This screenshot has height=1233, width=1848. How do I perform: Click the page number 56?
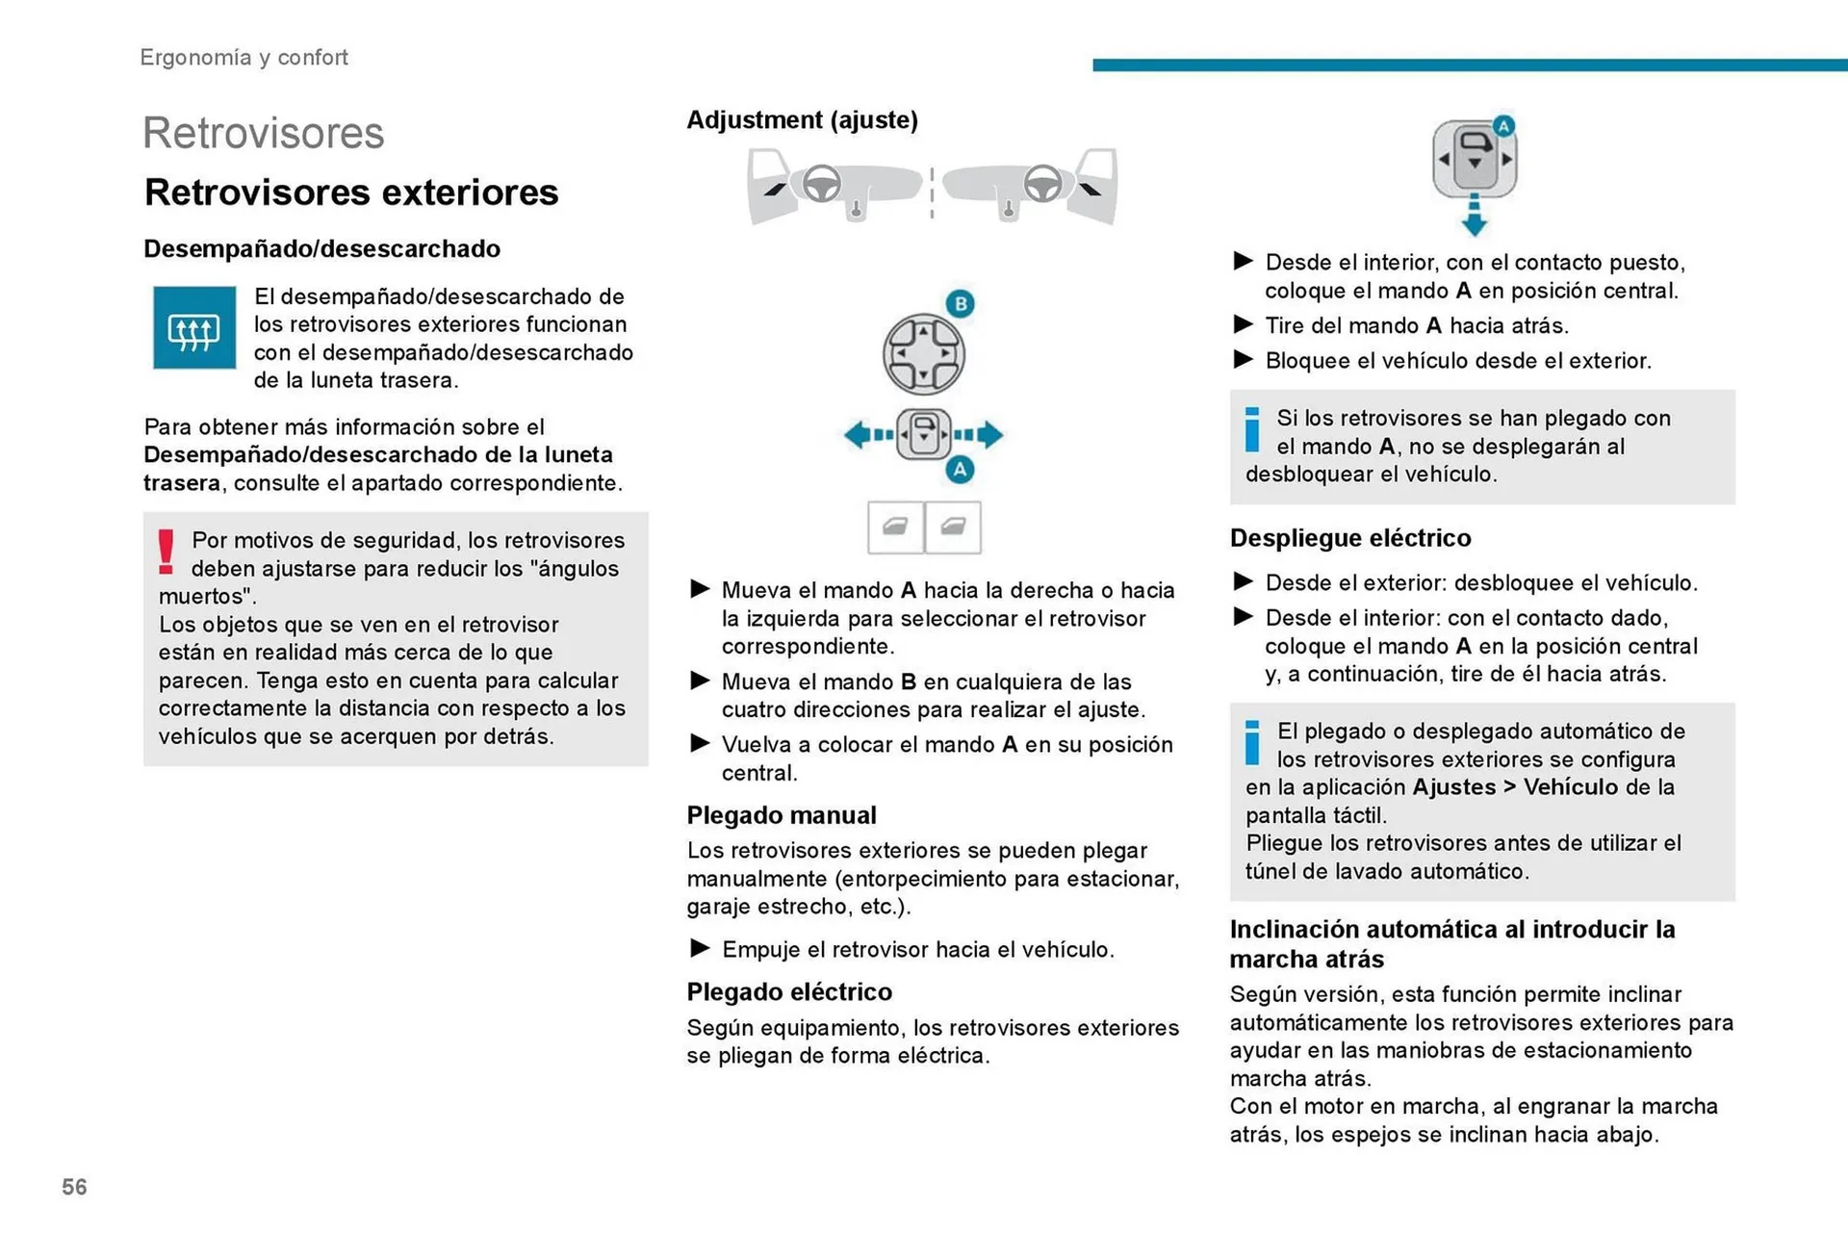74,1187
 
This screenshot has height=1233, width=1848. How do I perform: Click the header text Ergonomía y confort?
244,58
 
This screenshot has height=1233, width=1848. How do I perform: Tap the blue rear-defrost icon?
194,328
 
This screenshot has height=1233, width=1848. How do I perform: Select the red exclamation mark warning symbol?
167,552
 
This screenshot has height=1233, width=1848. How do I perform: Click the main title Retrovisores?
263,133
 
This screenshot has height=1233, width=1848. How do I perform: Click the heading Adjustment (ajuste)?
802,120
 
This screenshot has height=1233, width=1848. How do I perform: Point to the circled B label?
960,304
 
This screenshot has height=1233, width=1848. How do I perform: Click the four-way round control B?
923,354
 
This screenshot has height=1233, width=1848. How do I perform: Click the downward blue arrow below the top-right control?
1474,217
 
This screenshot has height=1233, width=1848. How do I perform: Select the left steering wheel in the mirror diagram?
822,183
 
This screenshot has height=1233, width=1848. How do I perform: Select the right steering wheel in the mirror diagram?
1042,183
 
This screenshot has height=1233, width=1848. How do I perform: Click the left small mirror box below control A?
895,527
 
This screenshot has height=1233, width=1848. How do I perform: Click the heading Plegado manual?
781,815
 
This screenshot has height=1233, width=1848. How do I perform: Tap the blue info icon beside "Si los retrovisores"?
1251,430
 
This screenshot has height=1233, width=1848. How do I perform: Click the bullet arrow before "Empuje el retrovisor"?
700,949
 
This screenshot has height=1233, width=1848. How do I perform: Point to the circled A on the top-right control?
1503,126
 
